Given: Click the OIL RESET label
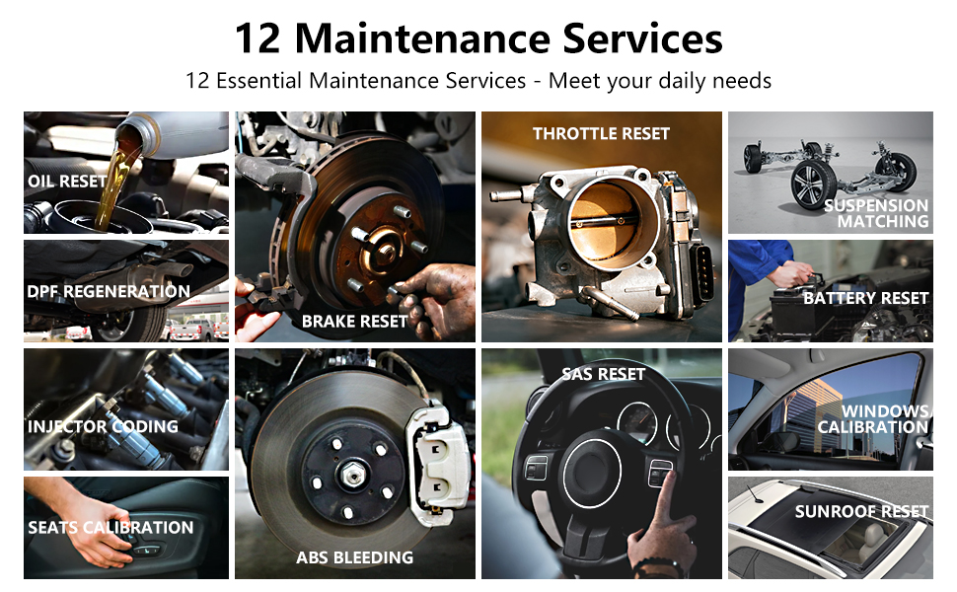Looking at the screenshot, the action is pos(67,182).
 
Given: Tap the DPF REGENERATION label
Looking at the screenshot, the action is pos(109,291).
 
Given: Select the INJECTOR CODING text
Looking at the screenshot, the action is pos(104,426).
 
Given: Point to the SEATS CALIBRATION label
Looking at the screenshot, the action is pos(110,527).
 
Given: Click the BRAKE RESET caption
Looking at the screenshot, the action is pos(354,321).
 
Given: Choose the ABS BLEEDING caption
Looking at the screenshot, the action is pos(354,557).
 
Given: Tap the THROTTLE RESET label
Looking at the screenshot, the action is pos(601,133).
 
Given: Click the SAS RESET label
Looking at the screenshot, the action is pos(604,374).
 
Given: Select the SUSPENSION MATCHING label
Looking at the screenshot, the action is pos(876,213).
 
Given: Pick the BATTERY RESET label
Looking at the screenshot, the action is pos(866,298).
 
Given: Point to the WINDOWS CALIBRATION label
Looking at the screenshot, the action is pos(873,418).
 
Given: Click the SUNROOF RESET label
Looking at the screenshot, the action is pos(861,511).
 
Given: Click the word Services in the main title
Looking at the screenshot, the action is pos(642,38).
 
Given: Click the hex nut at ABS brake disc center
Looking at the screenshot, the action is pos(352,473).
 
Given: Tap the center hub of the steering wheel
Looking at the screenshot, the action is pos(592,473).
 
